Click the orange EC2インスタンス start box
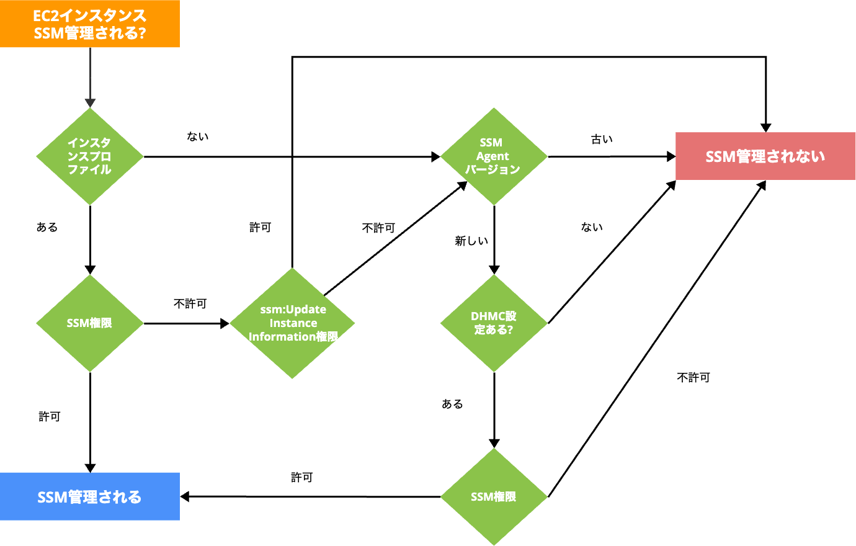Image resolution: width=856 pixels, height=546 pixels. tap(90, 24)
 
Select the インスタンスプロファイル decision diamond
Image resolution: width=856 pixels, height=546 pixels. tap(90, 156)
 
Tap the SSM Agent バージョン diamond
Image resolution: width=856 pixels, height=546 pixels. tap(494, 156)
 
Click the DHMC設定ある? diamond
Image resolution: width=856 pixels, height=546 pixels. tap(494, 323)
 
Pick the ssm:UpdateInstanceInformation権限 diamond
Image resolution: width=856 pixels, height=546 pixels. tap(292, 323)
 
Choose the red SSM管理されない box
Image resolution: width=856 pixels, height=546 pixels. tap(765, 156)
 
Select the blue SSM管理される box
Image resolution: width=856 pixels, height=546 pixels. tap(90, 496)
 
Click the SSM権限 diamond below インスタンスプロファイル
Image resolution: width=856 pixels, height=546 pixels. tap(90, 323)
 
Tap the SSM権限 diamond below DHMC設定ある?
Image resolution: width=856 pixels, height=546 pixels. tap(494, 496)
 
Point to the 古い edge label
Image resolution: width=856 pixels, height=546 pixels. tap(602, 140)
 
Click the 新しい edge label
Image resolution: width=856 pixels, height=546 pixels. tap(471, 241)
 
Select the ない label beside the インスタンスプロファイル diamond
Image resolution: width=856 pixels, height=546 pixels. tap(198, 136)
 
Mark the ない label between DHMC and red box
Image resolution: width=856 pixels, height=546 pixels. tap(592, 227)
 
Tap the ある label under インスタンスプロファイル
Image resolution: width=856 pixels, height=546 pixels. tap(47, 227)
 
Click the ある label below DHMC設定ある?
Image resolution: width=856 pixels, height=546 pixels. tap(452, 404)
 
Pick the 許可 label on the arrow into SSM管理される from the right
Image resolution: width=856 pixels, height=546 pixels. tap(302, 477)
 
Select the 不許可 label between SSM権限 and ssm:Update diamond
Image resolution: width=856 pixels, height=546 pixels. tap(190, 303)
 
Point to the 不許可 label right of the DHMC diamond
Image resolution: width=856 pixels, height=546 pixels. tap(693, 377)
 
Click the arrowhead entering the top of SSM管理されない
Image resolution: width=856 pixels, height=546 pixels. tap(766, 127)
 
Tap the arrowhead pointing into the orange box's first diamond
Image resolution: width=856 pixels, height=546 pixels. tap(90, 103)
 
